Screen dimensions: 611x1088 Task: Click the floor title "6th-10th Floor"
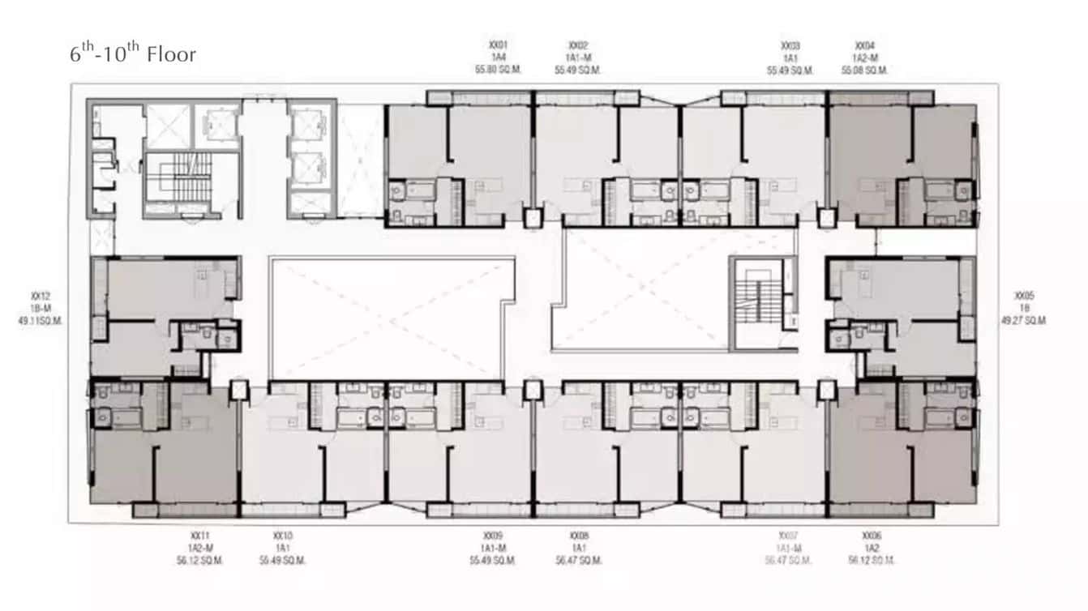pos(132,54)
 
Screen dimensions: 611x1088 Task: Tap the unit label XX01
pos(498,46)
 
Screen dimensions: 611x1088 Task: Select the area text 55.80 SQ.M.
pos(498,70)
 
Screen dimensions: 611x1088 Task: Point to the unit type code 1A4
pos(498,58)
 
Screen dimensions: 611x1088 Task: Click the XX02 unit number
pos(577,46)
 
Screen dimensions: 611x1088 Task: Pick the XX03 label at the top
pos(790,46)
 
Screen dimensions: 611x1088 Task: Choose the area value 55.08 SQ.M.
pos(864,70)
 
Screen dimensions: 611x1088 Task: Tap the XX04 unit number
pos(864,46)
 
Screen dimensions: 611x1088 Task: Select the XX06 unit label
pos(872,536)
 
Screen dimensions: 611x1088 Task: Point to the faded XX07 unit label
pos(788,536)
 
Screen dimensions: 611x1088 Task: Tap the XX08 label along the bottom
pos(579,536)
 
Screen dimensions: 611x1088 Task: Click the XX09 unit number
pos(493,536)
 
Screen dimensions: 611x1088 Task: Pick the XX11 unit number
pos(199,536)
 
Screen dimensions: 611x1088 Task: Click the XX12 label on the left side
pos(41,296)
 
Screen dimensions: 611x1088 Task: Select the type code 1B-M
pos(41,308)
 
